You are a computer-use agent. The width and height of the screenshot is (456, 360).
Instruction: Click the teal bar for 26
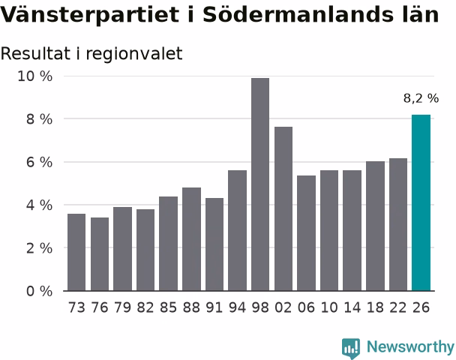pyautogui.click(x=421, y=202)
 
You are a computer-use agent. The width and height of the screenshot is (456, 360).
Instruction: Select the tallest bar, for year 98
pyautogui.click(x=260, y=184)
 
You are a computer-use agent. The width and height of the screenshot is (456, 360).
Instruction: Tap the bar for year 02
pyautogui.click(x=283, y=208)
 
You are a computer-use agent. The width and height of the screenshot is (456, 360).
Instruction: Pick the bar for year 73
pyautogui.click(x=76, y=252)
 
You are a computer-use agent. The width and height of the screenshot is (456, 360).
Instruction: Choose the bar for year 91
pyautogui.click(x=214, y=244)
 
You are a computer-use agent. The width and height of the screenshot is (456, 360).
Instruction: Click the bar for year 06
pyautogui.click(x=306, y=233)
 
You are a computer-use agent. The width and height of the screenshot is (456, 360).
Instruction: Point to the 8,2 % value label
pyautogui.click(x=421, y=98)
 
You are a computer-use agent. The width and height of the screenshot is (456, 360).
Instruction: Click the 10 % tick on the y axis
pyautogui.click(x=35, y=76)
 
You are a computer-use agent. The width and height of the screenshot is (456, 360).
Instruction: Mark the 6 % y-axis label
pyautogui.click(x=39, y=162)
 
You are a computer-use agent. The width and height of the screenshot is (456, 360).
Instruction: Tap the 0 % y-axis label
pyautogui.click(x=39, y=291)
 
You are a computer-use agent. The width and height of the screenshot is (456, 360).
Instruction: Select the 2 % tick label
pyautogui.click(x=39, y=248)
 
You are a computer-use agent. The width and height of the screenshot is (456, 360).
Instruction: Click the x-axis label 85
pyautogui.click(x=168, y=307)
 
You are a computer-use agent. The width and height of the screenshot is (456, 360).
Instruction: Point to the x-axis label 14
pyautogui.click(x=352, y=307)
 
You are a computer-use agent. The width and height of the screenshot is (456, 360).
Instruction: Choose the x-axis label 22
pyautogui.click(x=398, y=307)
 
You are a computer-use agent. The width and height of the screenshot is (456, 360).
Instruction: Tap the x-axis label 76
pyautogui.click(x=100, y=307)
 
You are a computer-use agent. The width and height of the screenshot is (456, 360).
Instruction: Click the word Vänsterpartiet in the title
pyautogui.click(x=89, y=14)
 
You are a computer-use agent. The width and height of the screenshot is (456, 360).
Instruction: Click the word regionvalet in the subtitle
pyautogui.click(x=134, y=54)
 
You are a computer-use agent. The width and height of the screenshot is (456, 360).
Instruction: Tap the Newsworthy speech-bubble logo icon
pyautogui.click(x=351, y=348)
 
